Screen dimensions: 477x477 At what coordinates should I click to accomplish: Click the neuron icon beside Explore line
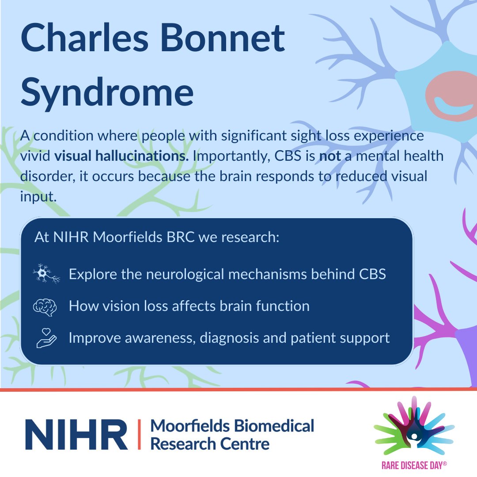(46, 274)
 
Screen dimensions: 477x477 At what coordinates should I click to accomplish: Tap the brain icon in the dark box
(46, 307)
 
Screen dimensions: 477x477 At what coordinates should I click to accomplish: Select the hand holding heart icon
(46, 338)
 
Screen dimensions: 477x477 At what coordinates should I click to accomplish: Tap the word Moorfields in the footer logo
(190, 426)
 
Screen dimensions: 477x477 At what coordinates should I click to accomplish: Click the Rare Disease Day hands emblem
(414, 427)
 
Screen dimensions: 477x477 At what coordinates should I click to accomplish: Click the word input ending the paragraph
(38, 197)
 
